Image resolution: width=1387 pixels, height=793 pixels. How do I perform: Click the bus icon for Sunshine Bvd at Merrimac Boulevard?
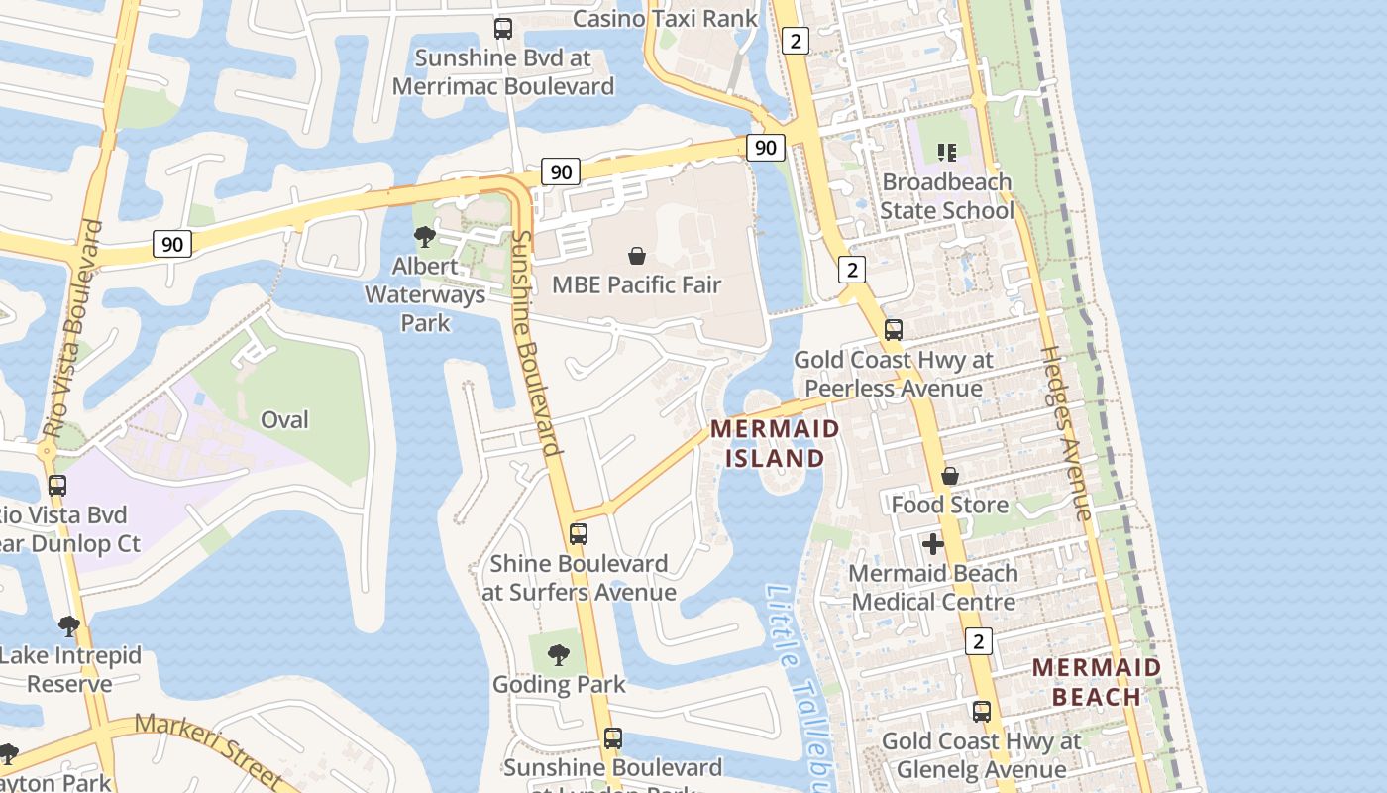click(x=503, y=29)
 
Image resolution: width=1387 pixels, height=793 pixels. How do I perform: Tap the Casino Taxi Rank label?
click(x=665, y=18)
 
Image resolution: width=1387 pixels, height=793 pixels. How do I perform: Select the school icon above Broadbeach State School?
click(x=947, y=153)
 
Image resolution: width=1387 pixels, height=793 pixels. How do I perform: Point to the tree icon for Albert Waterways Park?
click(x=425, y=237)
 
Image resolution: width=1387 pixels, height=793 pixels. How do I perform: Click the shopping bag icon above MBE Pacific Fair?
click(x=637, y=256)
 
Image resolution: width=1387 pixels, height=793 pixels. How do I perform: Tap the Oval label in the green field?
click(x=284, y=419)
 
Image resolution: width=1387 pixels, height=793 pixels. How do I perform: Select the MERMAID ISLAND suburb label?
click(x=775, y=443)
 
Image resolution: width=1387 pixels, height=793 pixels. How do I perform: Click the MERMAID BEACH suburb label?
click(x=1097, y=681)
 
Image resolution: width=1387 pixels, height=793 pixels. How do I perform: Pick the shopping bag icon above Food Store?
click(x=949, y=476)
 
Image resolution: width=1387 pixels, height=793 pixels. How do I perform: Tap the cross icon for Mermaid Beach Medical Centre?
click(x=932, y=544)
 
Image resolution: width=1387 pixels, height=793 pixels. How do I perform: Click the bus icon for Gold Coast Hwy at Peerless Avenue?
click(x=893, y=330)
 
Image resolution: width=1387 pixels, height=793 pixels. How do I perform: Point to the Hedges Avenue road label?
click(x=1066, y=433)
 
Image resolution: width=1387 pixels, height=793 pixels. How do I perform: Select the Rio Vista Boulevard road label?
click(x=73, y=330)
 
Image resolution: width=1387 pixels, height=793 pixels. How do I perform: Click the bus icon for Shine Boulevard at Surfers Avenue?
click(x=579, y=534)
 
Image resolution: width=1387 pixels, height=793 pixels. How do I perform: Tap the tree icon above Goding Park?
click(x=559, y=655)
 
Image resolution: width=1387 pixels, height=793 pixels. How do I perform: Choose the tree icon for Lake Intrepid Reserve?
click(x=69, y=626)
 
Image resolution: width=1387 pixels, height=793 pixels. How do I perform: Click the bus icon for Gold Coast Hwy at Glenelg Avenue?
click(x=981, y=712)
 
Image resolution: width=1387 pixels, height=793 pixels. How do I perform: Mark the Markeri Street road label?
click(x=208, y=749)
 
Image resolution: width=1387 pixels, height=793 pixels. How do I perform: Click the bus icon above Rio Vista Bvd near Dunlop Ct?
click(x=57, y=486)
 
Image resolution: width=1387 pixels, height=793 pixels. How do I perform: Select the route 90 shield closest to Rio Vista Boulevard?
click(x=172, y=244)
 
